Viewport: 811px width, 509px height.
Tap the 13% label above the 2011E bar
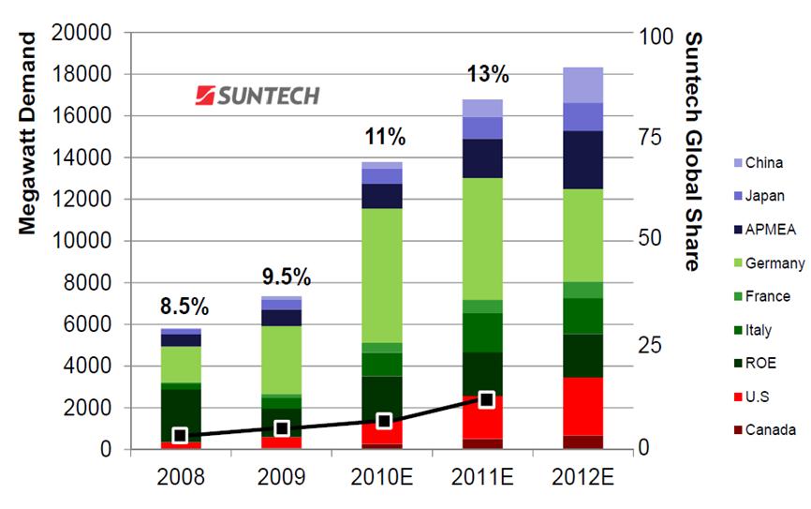click(487, 73)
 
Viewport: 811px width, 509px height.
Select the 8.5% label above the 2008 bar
click(184, 307)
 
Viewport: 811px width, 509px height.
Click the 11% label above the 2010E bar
click(385, 138)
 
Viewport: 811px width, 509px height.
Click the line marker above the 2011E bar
click(486, 400)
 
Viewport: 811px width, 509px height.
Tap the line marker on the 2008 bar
click(181, 436)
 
